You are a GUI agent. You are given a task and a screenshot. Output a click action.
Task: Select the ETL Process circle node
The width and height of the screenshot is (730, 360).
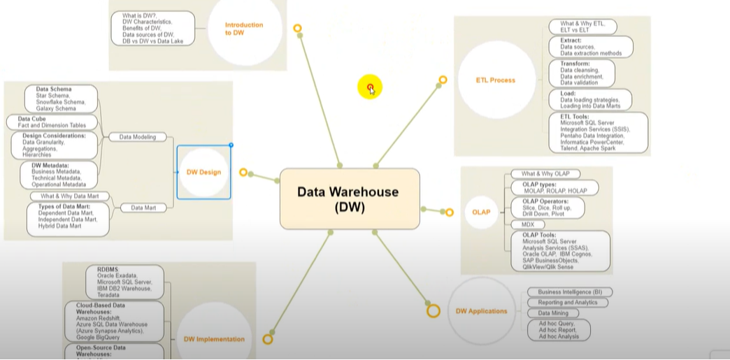tap(496, 80)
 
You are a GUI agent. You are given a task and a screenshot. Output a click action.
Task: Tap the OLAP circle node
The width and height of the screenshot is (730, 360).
tap(481, 212)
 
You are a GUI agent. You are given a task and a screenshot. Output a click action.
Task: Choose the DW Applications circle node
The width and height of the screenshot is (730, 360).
tap(481, 311)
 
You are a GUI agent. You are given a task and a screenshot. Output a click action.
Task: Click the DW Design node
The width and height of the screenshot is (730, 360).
tap(203, 172)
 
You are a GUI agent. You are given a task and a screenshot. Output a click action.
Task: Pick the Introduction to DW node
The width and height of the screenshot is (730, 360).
tap(244, 29)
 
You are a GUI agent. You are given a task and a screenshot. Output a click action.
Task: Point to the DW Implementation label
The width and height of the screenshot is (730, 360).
tap(214, 339)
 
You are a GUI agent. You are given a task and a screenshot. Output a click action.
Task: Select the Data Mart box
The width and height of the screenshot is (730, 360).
tap(138, 208)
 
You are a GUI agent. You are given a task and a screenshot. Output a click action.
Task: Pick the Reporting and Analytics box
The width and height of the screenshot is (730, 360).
tap(568, 303)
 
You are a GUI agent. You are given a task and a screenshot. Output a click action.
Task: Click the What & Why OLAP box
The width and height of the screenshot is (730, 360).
tap(545, 174)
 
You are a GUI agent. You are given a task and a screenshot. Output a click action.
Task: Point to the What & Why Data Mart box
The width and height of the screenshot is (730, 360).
tap(69, 196)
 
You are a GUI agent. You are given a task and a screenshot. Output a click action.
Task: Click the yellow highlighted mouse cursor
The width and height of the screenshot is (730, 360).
tap(370, 88)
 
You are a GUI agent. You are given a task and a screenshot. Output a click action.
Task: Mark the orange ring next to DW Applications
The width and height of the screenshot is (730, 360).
tap(433, 310)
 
